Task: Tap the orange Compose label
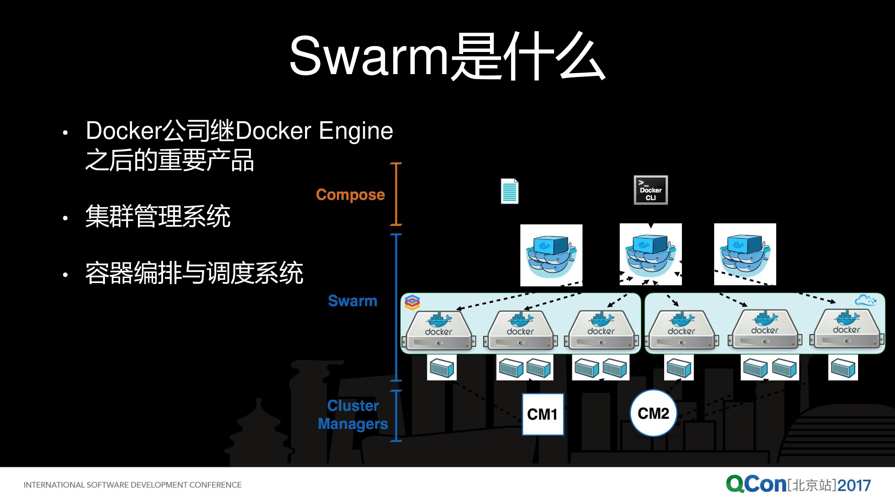click(350, 194)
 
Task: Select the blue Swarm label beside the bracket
click(352, 300)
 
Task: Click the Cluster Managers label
click(353, 415)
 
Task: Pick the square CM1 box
click(543, 414)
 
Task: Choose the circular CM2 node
click(653, 413)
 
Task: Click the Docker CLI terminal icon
click(650, 190)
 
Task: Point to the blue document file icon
click(509, 191)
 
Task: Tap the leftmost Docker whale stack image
click(551, 255)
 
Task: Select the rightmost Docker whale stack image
click(745, 254)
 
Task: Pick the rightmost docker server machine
click(847, 329)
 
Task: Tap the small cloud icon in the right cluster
click(865, 300)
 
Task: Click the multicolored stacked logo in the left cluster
click(412, 302)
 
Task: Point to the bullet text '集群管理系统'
click(158, 216)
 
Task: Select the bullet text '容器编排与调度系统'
click(194, 273)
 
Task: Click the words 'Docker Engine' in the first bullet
click(314, 131)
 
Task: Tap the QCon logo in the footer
click(756, 484)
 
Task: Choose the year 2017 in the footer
click(854, 485)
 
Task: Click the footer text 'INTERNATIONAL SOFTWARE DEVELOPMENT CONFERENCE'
click(132, 485)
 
